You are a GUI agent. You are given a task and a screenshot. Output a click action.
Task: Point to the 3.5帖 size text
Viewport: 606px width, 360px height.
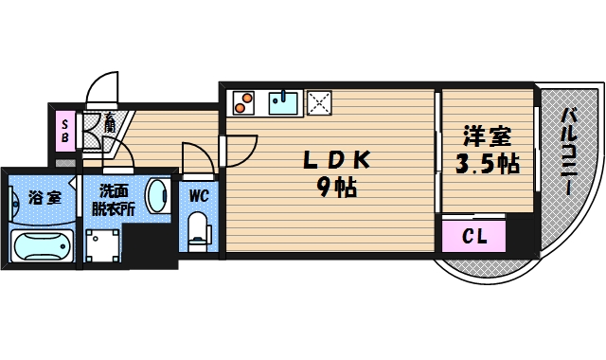point(487,164)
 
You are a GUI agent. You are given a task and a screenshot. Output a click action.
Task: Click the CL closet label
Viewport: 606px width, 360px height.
point(474,236)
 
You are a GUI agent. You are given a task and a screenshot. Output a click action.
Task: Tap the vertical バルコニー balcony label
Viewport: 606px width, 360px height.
point(569,152)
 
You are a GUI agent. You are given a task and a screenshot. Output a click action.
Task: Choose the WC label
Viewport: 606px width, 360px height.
point(199,196)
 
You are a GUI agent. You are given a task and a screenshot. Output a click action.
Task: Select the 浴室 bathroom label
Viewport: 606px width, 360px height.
point(44,198)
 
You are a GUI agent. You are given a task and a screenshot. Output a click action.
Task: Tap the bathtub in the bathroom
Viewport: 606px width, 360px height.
point(42,244)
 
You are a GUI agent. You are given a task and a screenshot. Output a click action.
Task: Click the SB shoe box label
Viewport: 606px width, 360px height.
point(65,129)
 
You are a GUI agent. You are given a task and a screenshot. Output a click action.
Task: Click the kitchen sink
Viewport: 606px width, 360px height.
point(283,100)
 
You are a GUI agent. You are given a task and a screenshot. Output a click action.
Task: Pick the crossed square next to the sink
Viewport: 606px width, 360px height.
point(318,100)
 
